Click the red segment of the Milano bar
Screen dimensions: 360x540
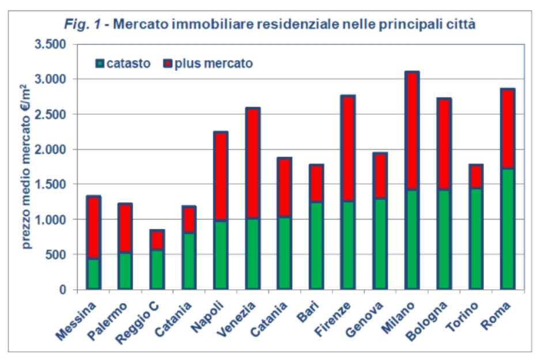tap(411, 131)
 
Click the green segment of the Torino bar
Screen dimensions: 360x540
tap(475, 238)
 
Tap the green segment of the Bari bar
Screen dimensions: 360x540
tap(316, 245)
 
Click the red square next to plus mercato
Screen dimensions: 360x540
tap(168, 63)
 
